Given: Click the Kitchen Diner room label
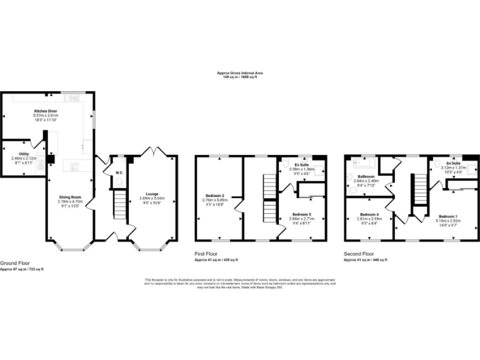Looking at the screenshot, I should (46, 111).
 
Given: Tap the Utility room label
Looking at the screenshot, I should (24, 153).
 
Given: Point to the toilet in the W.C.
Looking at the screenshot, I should (119, 181).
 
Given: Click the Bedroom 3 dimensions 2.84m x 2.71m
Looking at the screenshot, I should (301, 219).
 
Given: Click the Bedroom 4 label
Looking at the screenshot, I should (368, 214).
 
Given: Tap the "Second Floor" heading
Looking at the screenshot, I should (359, 254).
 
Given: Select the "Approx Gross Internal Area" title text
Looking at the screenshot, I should (237, 73).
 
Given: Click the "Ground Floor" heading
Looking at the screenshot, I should (14, 263).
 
